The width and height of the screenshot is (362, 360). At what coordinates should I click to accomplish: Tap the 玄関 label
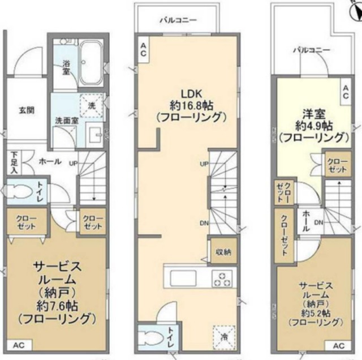click(26, 110)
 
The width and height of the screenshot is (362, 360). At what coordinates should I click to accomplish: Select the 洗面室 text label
click(66, 120)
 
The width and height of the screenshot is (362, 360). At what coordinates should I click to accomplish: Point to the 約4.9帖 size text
click(312, 125)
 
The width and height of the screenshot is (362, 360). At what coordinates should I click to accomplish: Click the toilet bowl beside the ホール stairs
click(23, 190)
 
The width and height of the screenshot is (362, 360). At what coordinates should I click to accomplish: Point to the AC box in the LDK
click(144, 49)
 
